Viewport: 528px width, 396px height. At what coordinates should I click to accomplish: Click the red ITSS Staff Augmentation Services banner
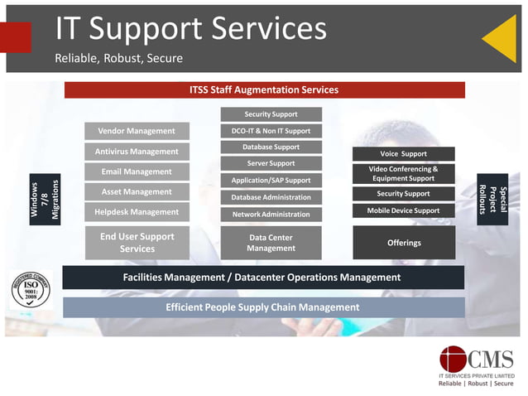[264, 89]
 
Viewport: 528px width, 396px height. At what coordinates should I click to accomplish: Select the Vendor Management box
[137, 131]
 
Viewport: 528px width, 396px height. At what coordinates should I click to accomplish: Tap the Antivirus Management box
[137, 152]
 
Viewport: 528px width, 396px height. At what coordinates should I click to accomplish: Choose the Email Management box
[137, 171]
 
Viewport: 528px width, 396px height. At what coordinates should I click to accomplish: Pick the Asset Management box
[137, 191]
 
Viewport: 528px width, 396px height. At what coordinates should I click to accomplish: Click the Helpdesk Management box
[137, 212]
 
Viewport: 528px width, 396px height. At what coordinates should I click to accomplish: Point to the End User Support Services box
[137, 242]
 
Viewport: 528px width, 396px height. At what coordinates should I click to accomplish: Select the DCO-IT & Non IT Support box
[271, 131]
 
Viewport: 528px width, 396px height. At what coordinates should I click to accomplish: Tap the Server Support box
[271, 163]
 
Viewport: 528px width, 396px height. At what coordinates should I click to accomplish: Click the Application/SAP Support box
[271, 180]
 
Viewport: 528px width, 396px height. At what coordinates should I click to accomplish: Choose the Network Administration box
[271, 214]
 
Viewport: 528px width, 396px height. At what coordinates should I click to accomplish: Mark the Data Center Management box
[271, 243]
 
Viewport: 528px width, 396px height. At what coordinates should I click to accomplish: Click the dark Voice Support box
[403, 153]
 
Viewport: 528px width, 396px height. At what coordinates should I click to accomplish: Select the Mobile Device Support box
[403, 210]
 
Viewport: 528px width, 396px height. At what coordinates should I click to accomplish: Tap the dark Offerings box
[404, 243]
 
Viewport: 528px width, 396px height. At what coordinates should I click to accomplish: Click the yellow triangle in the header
[502, 38]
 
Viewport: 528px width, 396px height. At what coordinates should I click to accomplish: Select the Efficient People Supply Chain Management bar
[263, 307]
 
